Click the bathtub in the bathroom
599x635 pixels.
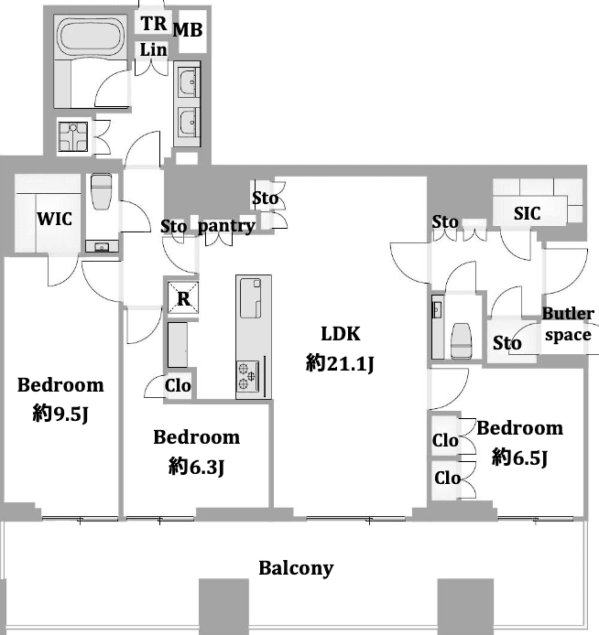[89, 38]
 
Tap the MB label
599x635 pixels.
[188, 30]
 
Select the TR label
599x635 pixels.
[152, 23]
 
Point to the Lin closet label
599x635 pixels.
[153, 49]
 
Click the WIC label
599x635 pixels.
[54, 219]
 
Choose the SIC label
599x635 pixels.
[527, 213]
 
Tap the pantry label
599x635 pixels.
[226, 226]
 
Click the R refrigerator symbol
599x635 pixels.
[183, 298]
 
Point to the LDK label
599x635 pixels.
[341, 334]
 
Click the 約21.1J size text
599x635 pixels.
[341, 364]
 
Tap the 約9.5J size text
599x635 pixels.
[60, 414]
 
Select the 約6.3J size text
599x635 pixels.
[196, 467]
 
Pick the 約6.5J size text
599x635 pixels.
[519, 457]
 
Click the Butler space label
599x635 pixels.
[568, 324]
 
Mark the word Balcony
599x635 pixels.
[296, 568]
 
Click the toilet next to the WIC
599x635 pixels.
[101, 192]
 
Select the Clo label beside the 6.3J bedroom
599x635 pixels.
[178, 386]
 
